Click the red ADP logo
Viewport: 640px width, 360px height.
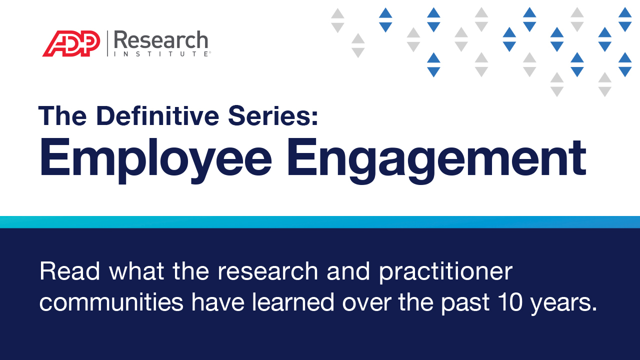click(71, 44)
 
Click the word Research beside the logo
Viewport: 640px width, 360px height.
click(161, 40)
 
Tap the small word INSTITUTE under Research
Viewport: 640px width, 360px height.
click(161, 53)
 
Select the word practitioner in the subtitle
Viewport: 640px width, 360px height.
click(445, 271)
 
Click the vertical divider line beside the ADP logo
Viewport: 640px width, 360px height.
click(107, 43)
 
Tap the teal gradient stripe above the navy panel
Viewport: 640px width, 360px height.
click(320, 222)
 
